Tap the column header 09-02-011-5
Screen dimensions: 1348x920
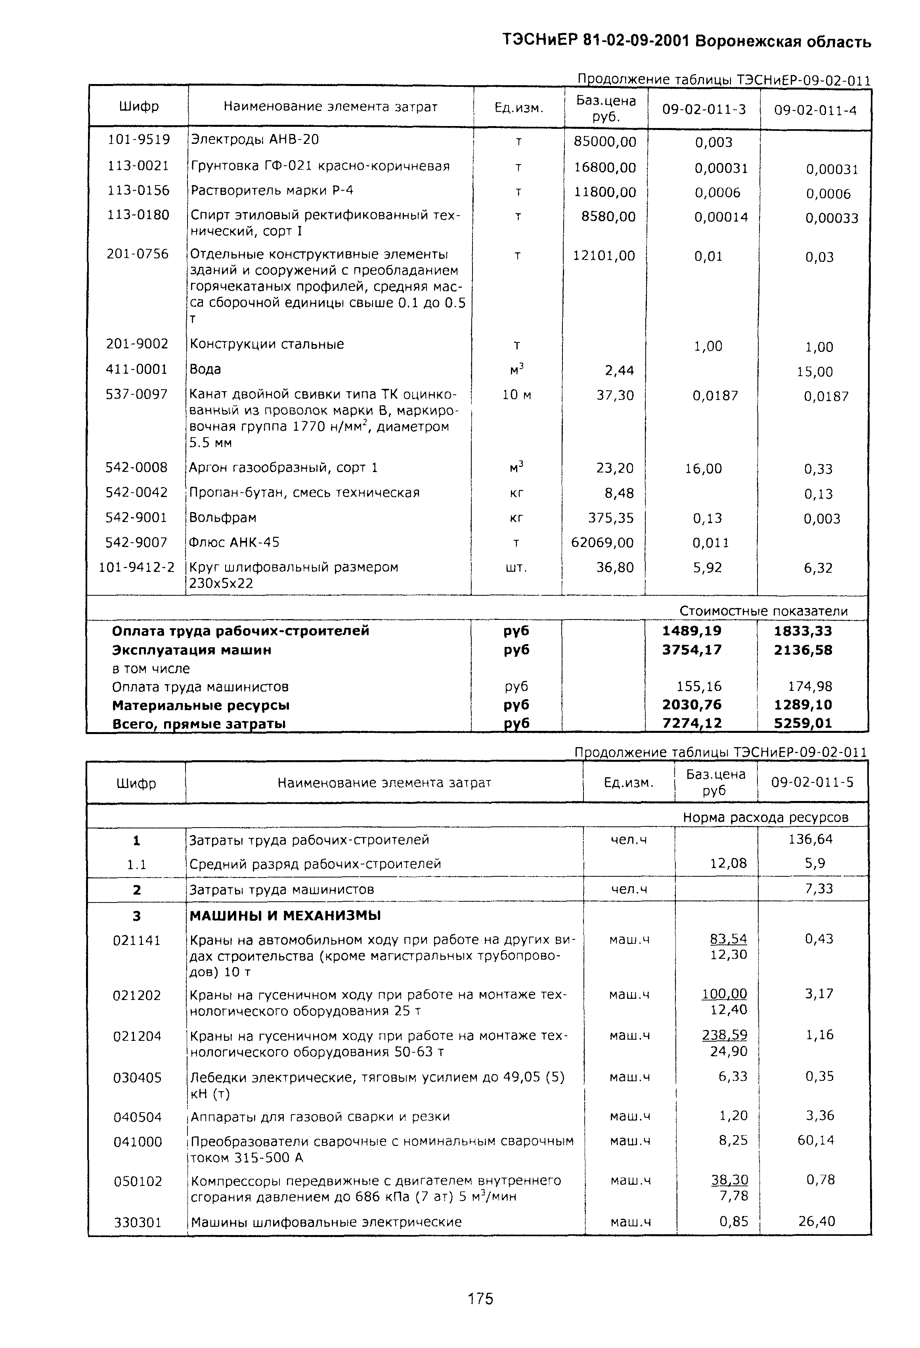[812, 782]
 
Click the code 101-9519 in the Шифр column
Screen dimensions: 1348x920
[139, 140]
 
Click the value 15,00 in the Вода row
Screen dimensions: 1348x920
[815, 372]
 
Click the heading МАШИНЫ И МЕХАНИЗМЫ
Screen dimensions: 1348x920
[285, 916]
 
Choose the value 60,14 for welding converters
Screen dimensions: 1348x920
[816, 1140]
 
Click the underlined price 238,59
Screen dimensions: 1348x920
[725, 1035]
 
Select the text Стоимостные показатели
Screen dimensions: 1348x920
[763, 611]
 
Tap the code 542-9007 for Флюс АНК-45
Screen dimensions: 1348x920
[136, 542]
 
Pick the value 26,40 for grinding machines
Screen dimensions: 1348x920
[816, 1222]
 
